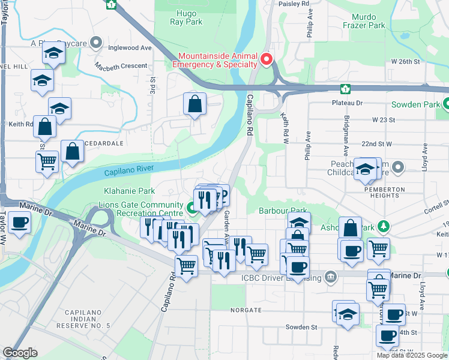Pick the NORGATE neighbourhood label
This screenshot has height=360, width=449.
click(x=246, y=310)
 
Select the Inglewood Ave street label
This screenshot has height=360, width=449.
click(x=130, y=47)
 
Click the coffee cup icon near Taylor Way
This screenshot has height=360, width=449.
click(x=19, y=223)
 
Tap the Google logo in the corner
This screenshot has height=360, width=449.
click(x=20, y=353)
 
